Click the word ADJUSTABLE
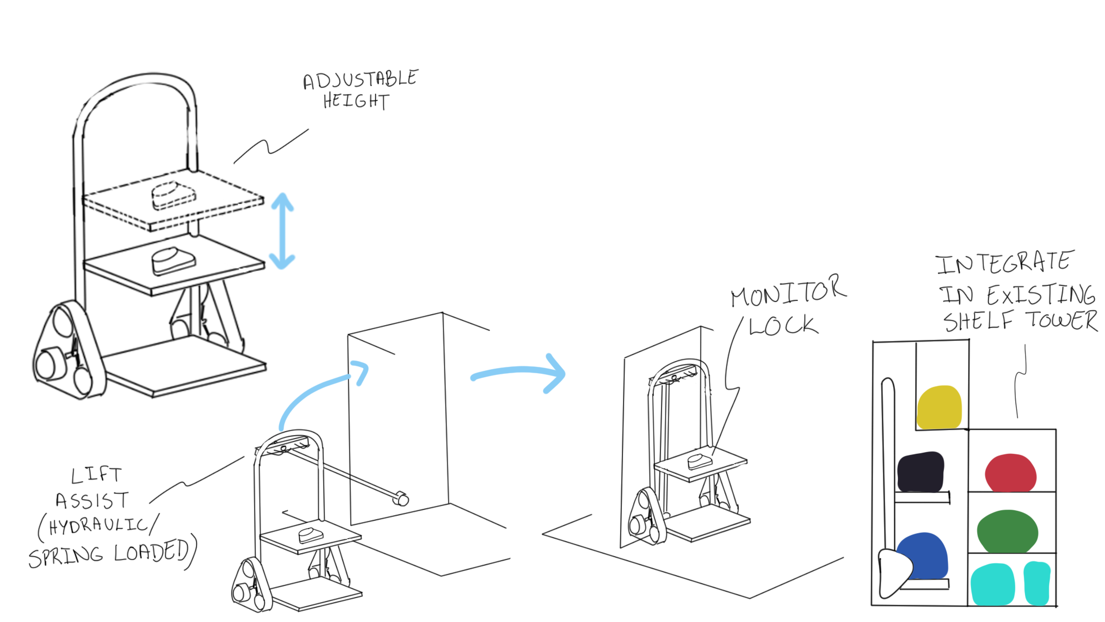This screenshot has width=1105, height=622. pos(360,79)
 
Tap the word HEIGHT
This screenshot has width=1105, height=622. pos(356,101)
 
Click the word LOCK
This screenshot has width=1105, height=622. pos(783,326)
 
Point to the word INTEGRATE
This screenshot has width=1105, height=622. pos(1004,263)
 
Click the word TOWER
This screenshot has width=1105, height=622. pos(1062,320)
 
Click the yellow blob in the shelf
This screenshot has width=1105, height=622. pos(939,408)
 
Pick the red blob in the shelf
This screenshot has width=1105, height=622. pos(1010,473)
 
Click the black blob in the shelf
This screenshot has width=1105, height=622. pos(920,472)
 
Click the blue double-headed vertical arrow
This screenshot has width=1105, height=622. pos(282,231)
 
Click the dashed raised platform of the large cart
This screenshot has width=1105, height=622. pos(173,199)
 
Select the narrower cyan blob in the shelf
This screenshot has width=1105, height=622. pos(1037,583)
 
